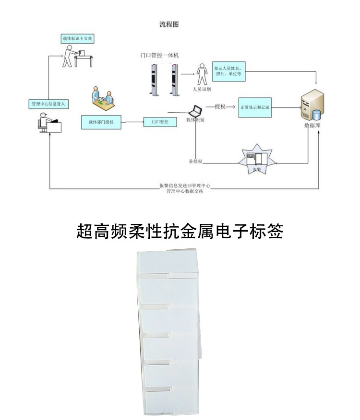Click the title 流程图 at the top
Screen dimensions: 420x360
point(169,24)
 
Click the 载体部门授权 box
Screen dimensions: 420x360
point(101,122)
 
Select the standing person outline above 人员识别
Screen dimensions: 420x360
point(202,75)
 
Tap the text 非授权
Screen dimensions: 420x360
point(195,161)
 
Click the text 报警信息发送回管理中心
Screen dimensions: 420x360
point(185,185)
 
